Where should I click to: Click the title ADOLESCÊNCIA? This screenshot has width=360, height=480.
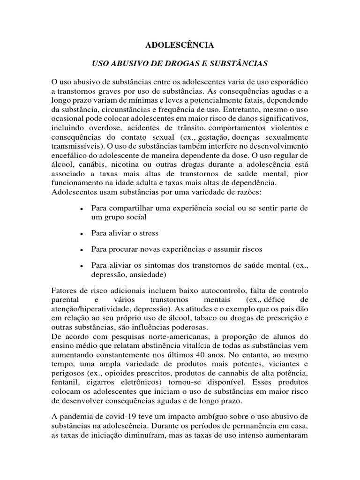(x=180, y=45)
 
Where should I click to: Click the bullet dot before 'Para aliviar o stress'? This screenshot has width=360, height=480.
(x=82, y=233)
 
